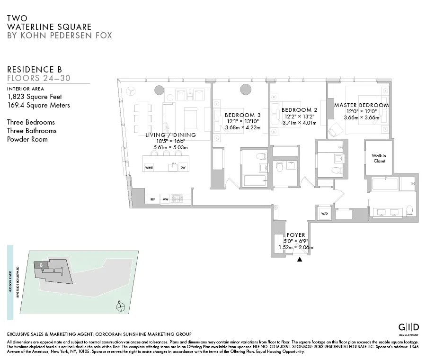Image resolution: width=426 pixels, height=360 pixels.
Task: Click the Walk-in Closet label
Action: pos(378,158)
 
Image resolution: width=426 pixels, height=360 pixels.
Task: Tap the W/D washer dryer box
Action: pos(325,213)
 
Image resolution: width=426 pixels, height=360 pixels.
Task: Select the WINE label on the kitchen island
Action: pos(149,167)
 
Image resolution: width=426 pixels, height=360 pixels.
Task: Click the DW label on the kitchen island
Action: pos(183,167)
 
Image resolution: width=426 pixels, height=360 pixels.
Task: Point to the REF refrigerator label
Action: pos(152,199)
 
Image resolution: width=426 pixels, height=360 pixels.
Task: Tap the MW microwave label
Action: pos(166,199)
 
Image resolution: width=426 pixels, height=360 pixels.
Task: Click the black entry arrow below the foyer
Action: pos(299,259)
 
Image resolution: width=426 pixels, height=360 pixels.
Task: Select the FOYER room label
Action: pos(296,235)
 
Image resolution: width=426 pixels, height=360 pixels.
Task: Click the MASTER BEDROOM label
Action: pos(361,105)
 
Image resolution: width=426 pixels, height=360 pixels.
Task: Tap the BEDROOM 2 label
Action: pos(299,110)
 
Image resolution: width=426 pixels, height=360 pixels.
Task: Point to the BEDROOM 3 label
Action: pos(242,115)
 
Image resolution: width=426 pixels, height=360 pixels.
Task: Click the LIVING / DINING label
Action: pos(170,135)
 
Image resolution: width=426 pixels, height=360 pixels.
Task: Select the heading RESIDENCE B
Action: pos(34,70)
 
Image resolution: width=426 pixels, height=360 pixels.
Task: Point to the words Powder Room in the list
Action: pos(27,139)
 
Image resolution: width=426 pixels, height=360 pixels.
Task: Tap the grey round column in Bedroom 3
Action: pos(246,90)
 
